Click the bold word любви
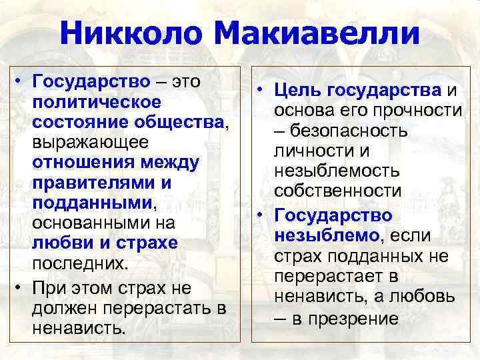pyautogui.click(x=59, y=243)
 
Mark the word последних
pyautogui.click(x=79, y=264)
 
